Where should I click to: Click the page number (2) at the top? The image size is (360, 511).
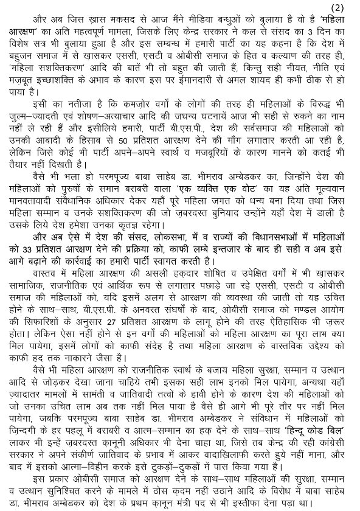tap(347, 7)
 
